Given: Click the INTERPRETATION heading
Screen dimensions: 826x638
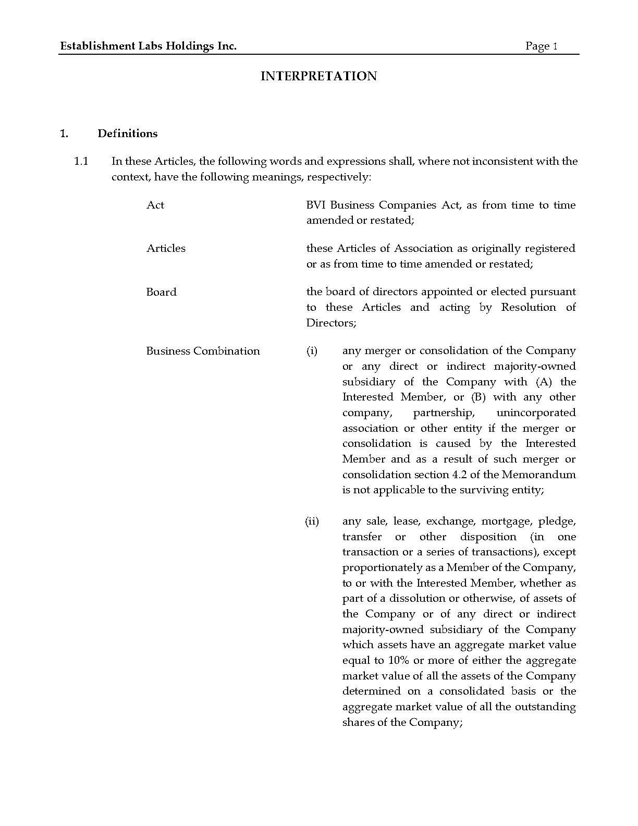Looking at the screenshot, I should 318,76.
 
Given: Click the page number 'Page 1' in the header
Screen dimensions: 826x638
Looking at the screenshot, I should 541,46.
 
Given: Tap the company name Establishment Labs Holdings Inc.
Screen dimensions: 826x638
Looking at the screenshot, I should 149,46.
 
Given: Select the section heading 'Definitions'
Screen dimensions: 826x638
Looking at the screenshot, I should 127,133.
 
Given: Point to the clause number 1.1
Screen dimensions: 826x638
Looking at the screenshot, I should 81,161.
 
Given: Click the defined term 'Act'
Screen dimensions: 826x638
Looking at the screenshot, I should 155,205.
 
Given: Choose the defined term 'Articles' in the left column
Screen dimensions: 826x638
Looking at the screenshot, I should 166,248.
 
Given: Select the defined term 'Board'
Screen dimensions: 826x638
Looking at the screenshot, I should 161,292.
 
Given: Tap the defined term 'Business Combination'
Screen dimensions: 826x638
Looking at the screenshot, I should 203,351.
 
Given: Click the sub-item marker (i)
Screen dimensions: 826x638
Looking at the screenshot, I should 312,351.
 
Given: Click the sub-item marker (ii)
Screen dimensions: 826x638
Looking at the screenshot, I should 312,521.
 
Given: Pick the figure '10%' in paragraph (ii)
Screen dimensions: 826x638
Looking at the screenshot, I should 399,661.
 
